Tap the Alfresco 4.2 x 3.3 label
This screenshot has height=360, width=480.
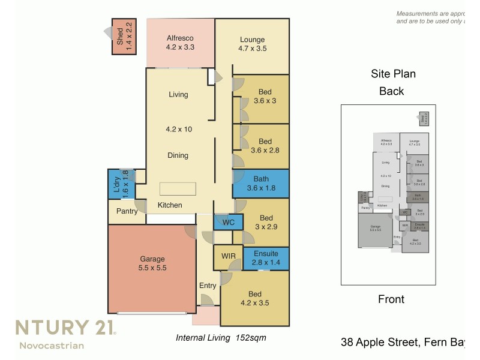coord(180,42)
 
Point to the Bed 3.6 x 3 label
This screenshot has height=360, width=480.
coord(265,97)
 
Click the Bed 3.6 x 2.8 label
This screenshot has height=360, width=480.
coord(265,146)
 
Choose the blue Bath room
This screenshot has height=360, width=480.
coord(260,183)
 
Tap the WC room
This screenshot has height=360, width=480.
coord(228,222)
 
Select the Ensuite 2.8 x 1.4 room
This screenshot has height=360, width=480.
coord(266,258)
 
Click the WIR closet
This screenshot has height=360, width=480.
coord(228,256)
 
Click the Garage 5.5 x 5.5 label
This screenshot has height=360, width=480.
coord(152,263)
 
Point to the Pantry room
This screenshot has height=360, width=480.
coord(127,211)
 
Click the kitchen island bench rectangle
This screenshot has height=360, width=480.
coord(177,188)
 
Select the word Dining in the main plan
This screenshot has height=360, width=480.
coord(178,155)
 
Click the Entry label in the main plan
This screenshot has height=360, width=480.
coord(208,286)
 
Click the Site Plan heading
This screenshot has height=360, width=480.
coord(393,74)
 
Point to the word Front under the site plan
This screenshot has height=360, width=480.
coord(391,299)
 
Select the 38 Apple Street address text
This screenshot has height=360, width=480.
coord(403,343)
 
